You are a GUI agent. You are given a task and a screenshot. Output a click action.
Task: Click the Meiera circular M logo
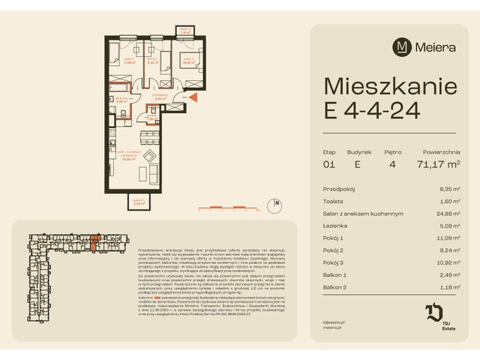(403, 46)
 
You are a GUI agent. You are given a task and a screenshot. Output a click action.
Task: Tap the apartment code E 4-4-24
(372, 109)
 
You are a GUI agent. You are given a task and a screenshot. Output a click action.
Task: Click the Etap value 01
(330, 163)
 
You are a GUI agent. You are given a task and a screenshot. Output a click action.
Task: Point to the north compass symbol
(277, 202)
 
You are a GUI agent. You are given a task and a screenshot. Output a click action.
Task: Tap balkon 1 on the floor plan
(136, 202)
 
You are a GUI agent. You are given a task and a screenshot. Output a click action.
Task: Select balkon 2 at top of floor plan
(184, 32)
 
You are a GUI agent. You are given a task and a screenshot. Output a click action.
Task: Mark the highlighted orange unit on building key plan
(94, 241)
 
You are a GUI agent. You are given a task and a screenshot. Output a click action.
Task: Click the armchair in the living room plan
(150, 157)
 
